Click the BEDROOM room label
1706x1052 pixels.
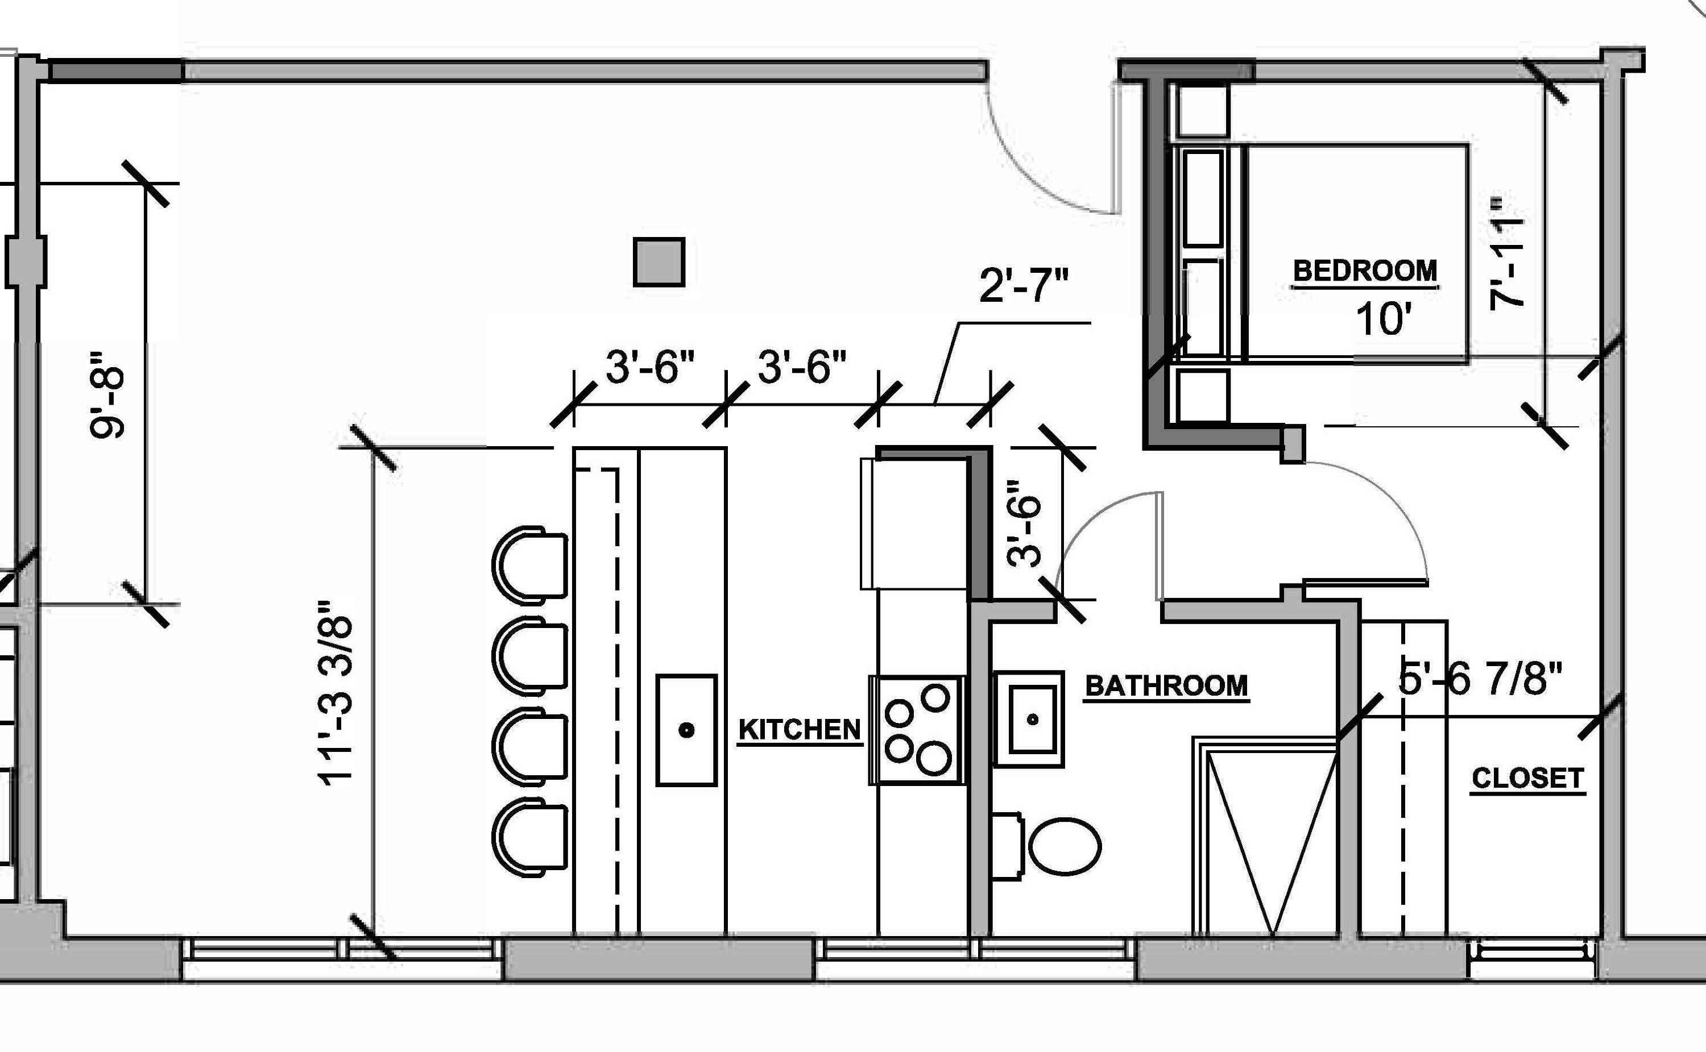tap(1365, 271)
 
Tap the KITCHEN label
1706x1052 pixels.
tap(799, 729)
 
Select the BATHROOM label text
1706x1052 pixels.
tap(1166, 686)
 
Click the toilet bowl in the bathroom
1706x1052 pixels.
tap(1064, 847)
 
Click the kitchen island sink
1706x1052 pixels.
tap(686, 730)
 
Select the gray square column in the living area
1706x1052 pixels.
tap(659, 261)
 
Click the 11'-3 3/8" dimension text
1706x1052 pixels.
tap(336, 692)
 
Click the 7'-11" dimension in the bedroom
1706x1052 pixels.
tap(1507, 254)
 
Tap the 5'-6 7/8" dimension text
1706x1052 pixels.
tap(1480, 679)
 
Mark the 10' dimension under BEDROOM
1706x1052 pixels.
tap(1383, 319)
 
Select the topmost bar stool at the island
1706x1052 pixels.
tap(529, 563)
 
